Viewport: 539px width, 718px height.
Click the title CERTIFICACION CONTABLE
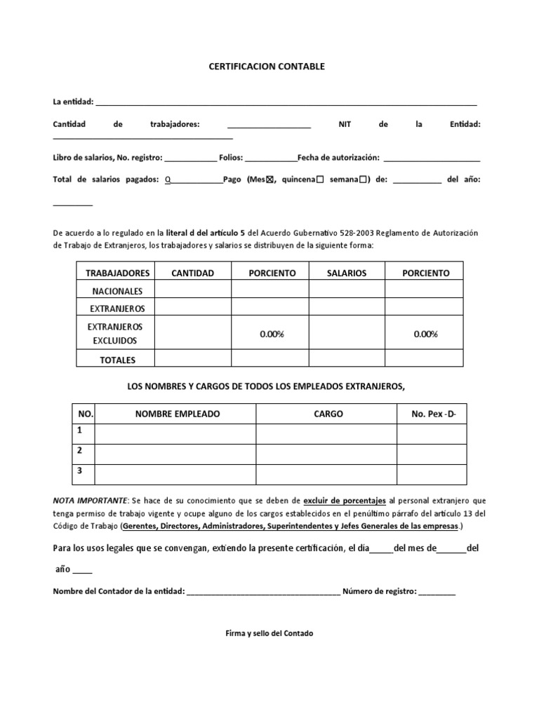pyautogui.click(x=267, y=67)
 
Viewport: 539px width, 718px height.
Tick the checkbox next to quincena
pyautogui.click(x=320, y=179)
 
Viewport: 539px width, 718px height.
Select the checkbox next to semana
pyautogui.click(x=363, y=179)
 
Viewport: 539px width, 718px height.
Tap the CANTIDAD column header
pyautogui.click(x=192, y=273)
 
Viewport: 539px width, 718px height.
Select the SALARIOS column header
pyautogui.click(x=347, y=273)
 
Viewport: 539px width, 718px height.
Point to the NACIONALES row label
pyautogui.click(x=116, y=291)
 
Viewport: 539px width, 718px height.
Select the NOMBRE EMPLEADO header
pyautogui.click(x=177, y=414)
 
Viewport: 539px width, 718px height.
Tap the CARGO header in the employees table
pyautogui.click(x=328, y=414)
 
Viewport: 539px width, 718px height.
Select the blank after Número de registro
pyautogui.click(x=437, y=591)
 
